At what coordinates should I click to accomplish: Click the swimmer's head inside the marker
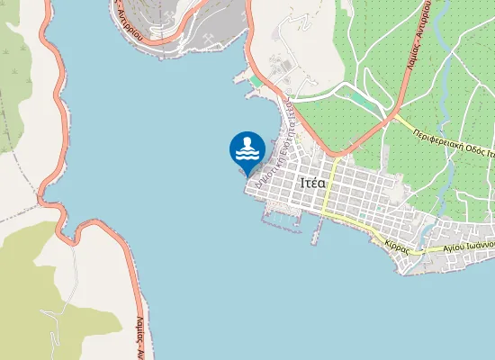(x=247, y=142)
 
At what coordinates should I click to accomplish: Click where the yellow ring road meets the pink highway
(x=393, y=113)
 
